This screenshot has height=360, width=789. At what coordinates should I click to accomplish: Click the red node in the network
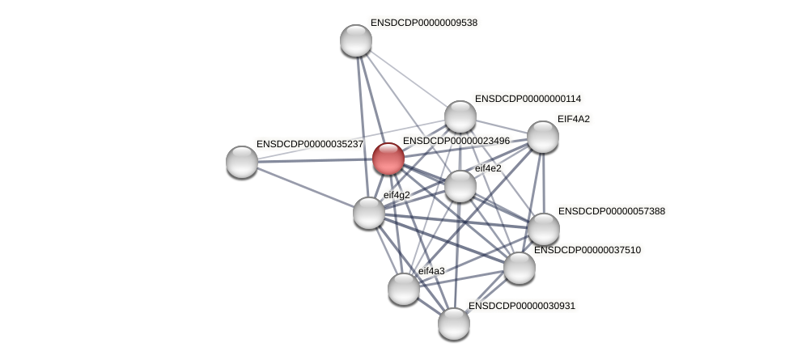(388, 159)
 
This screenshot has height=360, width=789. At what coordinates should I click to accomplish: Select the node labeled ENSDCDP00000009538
(356, 40)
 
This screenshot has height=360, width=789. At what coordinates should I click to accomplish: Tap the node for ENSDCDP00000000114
(460, 116)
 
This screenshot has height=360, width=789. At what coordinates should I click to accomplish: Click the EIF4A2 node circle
(543, 137)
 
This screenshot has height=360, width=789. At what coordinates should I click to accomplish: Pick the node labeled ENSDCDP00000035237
(242, 162)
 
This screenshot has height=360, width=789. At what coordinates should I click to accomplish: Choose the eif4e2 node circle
(460, 186)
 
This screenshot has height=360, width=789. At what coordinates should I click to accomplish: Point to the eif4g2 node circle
(369, 213)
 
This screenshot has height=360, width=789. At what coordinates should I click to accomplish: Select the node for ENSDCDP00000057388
(544, 229)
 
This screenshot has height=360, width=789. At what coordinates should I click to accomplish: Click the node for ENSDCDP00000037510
(520, 268)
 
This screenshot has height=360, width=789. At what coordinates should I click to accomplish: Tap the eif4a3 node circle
(404, 289)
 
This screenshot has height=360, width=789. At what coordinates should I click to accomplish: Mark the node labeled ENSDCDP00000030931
(454, 324)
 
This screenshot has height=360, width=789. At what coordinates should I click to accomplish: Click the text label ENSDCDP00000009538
(423, 23)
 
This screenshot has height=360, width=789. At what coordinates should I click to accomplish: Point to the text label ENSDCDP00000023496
(456, 141)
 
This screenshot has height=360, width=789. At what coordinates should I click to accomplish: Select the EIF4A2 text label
(574, 119)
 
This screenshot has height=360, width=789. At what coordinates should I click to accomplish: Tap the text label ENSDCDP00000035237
(309, 144)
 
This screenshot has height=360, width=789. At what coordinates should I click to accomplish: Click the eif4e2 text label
(488, 168)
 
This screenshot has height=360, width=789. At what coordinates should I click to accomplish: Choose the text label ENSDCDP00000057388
(611, 211)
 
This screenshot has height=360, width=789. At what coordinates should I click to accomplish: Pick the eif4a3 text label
(431, 271)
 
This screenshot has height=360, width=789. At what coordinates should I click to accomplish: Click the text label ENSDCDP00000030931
(521, 306)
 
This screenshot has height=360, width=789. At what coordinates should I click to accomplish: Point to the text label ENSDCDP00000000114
(528, 99)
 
